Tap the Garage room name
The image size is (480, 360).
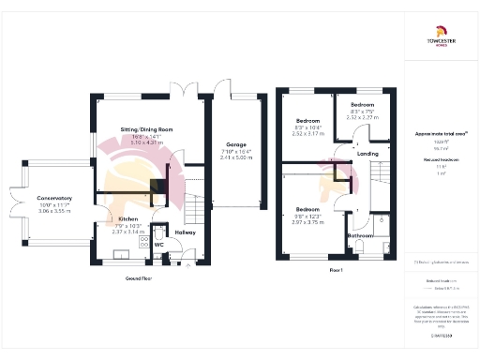235,145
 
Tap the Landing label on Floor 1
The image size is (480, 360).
368,154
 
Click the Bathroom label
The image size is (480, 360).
361,235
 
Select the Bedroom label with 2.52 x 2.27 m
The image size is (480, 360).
362,104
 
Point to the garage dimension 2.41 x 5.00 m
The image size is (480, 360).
235,158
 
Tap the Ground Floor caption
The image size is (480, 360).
139,278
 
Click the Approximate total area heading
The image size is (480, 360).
438,134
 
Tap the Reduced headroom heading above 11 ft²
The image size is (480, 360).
438,160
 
